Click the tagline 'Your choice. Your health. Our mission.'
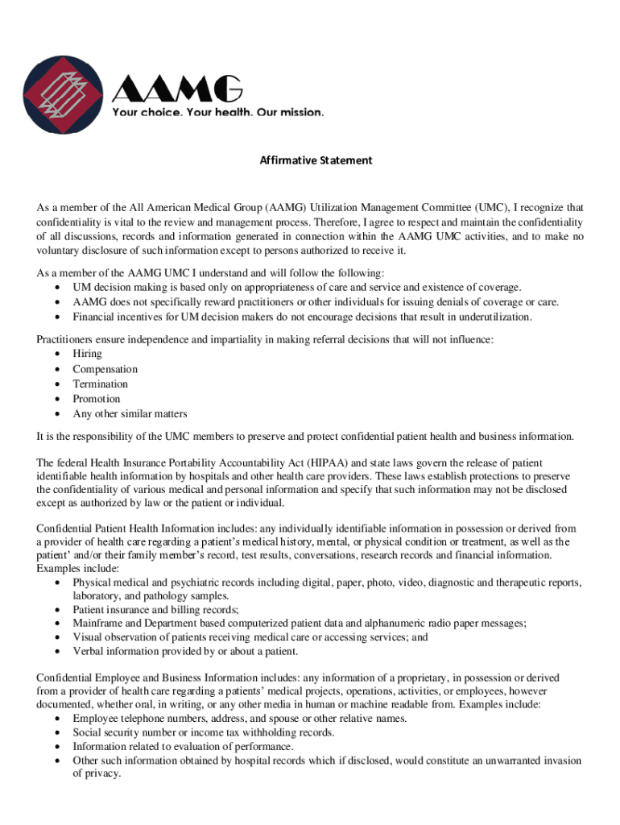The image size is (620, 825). pos(217,112)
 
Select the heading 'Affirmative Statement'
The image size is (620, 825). pos(316,160)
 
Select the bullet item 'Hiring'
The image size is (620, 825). pos(87,354)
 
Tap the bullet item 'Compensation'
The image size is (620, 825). pos(105,369)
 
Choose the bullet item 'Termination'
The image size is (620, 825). pos(100,384)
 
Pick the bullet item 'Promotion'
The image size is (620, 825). pos(96,399)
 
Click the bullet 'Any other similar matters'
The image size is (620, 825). pos(130,414)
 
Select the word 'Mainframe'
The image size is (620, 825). pos(98,623)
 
